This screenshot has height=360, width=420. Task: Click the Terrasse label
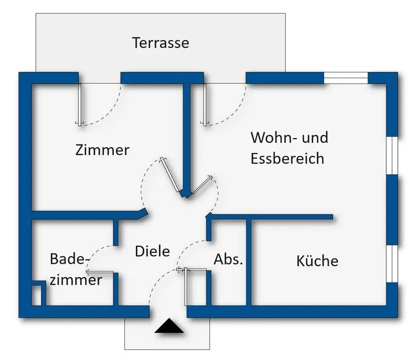tap(161, 43)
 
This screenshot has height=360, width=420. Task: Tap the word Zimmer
tap(102, 150)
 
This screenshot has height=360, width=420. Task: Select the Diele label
tap(152, 251)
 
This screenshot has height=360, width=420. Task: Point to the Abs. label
tap(228, 259)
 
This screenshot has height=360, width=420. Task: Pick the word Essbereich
tap(287, 158)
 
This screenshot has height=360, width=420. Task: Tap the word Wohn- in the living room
tap(273, 137)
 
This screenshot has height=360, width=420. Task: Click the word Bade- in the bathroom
tap(70, 259)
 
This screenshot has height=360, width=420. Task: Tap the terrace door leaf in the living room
tap(205, 104)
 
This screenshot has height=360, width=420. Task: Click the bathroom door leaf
tap(100, 272)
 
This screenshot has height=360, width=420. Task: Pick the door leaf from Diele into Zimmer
tap(170, 175)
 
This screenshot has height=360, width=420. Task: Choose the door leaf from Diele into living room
tap(202, 185)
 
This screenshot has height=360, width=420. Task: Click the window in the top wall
tap(346, 78)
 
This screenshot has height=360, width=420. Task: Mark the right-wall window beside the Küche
tap(392, 263)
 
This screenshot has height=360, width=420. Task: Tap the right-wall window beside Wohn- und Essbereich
tap(392, 155)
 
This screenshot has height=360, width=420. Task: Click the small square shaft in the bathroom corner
tap(37, 295)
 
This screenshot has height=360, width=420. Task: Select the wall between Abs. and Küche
tap(249, 262)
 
